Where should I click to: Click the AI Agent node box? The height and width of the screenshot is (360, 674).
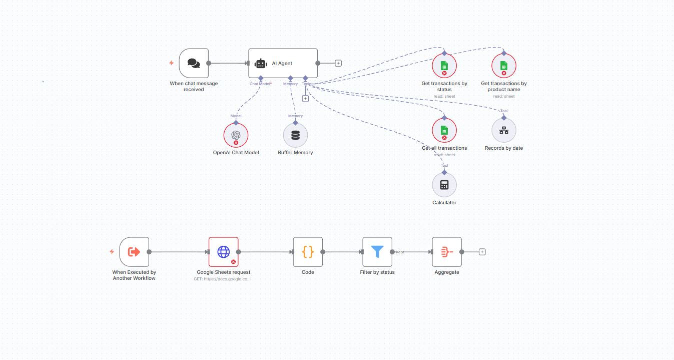pos(283,63)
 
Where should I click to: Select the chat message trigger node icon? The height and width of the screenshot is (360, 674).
pos(194,63)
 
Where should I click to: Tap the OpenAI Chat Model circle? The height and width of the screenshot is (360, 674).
pos(236,135)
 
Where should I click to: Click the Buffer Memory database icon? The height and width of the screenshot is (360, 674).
pos(295,135)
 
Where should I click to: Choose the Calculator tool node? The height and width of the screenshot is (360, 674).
pos(444,185)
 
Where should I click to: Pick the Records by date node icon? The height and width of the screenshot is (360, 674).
pos(504,131)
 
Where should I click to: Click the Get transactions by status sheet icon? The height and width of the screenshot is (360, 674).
pos(444,66)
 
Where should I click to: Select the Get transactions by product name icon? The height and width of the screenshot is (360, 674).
pos(504,66)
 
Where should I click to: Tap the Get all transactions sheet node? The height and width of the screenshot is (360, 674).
pos(444,130)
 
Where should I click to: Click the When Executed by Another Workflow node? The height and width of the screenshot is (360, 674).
pos(134,252)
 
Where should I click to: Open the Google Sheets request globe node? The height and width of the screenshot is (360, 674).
pos(223,252)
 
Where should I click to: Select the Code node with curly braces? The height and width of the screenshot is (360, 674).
pos(308,252)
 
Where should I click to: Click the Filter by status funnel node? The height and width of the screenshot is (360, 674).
pos(377,252)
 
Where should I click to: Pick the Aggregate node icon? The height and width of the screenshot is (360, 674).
pos(447,252)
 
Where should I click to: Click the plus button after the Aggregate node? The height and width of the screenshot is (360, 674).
pos(482,252)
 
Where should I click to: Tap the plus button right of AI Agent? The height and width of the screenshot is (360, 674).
pos(338,63)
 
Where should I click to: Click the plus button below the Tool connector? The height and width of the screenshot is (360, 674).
pos(305,99)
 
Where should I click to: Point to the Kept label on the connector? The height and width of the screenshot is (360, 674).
pos(400,252)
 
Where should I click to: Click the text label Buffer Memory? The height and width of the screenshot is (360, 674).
pos(295,153)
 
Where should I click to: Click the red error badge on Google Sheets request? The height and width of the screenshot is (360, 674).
pos(233,262)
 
